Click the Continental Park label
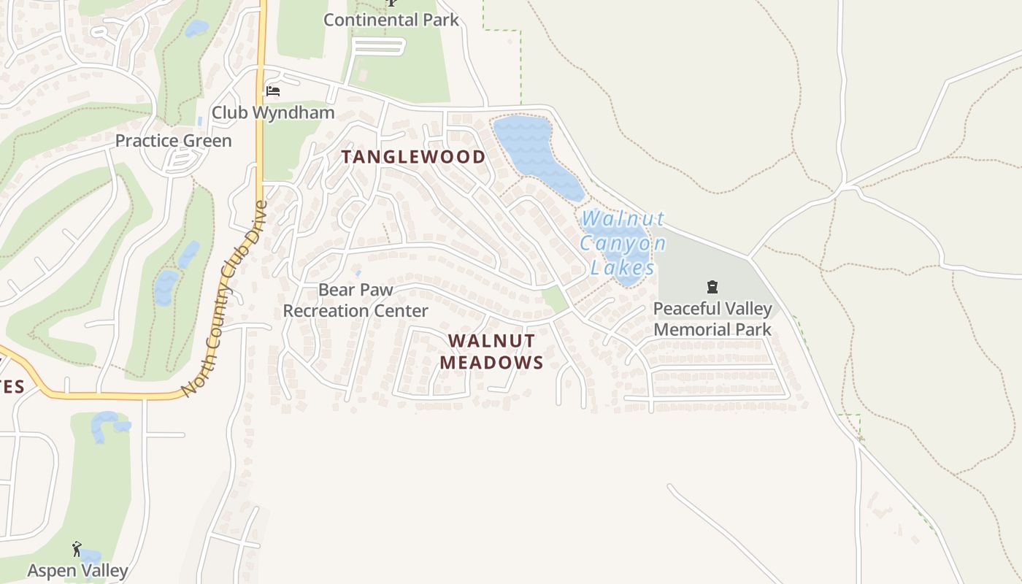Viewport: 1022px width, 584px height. click(x=391, y=20)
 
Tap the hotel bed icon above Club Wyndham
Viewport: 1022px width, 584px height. click(x=273, y=91)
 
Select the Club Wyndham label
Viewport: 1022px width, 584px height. click(x=273, y=112)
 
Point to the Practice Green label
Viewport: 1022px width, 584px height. click(x=174, y=141)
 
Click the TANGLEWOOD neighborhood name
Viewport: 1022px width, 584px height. click(x=414, y=157)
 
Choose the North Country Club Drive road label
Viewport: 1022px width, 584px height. click(x=225, y=299)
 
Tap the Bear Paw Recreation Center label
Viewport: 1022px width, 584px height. click(x=356, y=300)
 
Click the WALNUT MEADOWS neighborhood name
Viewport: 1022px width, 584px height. click(x=491, y=352)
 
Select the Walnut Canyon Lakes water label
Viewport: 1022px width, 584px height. click(x=623, y=243)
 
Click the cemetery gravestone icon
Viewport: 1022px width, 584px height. click(x=712, y=287)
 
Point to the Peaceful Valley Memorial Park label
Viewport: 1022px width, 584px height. click(x=712, y=319)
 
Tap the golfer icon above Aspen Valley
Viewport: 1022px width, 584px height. click(x=77, y=548)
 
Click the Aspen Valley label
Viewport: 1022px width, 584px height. click(x=77, y=570)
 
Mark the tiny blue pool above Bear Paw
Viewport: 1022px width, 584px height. click(x=357, y=274)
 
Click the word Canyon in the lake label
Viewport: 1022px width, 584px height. click(x=623, y=243)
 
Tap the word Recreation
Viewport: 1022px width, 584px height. click(x=323, y=311)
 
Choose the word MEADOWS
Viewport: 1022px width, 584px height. click(x=491, y=363)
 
